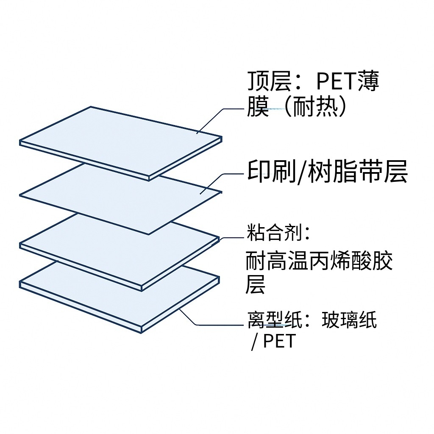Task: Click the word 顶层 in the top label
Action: pyautogui.click(x=269, y=81)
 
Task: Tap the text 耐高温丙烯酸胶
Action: pyautogui.click(x=319, y=262)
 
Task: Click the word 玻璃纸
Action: pyautogui.click(x=349, y=320)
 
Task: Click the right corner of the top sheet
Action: pyautogui.click(x=221, y=139)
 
